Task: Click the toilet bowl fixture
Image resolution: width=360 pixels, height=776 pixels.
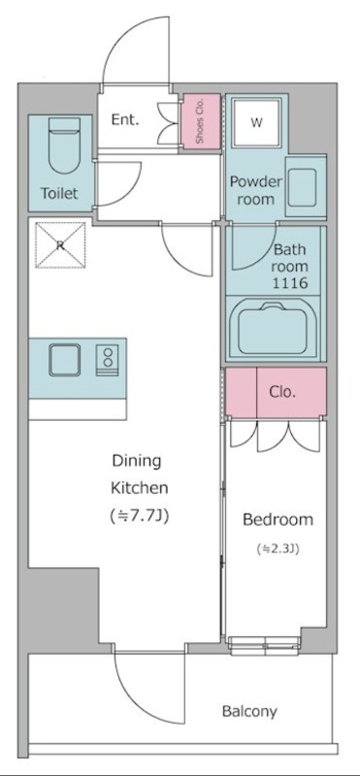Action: pyautogui.click(x=65, y=145)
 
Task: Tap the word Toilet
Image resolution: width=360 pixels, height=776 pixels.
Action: pyautogui.click(x=59, y=193)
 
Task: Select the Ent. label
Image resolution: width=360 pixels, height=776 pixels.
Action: pyautogui.click(x=124, y=119)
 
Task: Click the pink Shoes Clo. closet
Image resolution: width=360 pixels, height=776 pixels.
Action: pyautogui.click(x=201, y=120)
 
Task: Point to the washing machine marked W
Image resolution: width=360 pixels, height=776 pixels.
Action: pyautogui.click(x=256, y=122)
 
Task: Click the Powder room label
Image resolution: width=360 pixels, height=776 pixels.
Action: pyautogui.click(x=255, y=190)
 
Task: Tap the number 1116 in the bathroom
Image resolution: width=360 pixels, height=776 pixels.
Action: pyautogui.click(x=291, y=283)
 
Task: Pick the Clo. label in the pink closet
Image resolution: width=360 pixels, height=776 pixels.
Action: pyautogui.click(x=282, y=392)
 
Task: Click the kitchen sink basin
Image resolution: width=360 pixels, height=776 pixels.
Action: pyautogui.click(x=64, y=360)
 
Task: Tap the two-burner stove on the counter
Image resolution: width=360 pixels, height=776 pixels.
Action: pyautogui.click(x=107, y=360)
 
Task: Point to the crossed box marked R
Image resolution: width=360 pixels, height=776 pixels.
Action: pyautogui.click(x=60, y=245)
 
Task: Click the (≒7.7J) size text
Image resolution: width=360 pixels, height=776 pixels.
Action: pyautogui.click(x=139, y=516)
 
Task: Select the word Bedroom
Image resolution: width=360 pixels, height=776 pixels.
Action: pyautogui.click(x=278, y=520)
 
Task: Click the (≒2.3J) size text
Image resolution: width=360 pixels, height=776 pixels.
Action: pyautogui.click(x=278, y=549)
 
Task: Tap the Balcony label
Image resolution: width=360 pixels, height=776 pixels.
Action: pyautogui.click(x=249, y=712)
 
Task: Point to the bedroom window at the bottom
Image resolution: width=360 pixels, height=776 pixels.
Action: pyautogui.click(x=264, y=645)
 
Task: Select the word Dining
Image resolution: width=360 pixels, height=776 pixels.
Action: pyautogui.click(x=137, y=462)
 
